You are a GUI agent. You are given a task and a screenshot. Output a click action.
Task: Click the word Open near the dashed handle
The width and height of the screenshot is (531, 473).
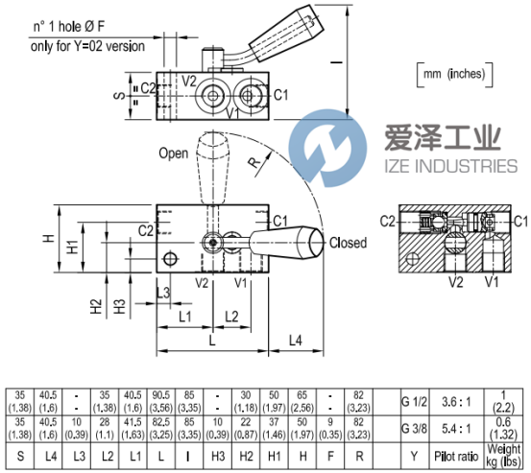click(174, 154)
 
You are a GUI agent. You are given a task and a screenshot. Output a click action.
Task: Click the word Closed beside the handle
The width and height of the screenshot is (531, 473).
click(348, 243)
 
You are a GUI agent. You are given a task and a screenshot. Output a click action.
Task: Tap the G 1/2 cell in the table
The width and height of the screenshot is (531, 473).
click(414, 402)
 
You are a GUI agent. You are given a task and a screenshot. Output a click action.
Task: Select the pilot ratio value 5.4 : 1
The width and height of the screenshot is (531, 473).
click(456, 429)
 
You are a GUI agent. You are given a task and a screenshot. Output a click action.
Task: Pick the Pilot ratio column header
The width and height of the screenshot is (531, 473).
click(456, 456)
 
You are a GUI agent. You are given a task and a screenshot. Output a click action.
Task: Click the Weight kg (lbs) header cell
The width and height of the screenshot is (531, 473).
click(503, 456)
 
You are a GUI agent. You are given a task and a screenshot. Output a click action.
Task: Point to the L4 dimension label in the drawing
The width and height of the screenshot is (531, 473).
click(296, 340)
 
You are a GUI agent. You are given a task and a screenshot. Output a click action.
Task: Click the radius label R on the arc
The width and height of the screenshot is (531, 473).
click(254, 163)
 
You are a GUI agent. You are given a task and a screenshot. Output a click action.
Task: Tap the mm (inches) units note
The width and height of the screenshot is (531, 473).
click(454, 74)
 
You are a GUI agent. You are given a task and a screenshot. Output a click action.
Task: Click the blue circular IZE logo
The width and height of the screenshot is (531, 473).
click(327, 148)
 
